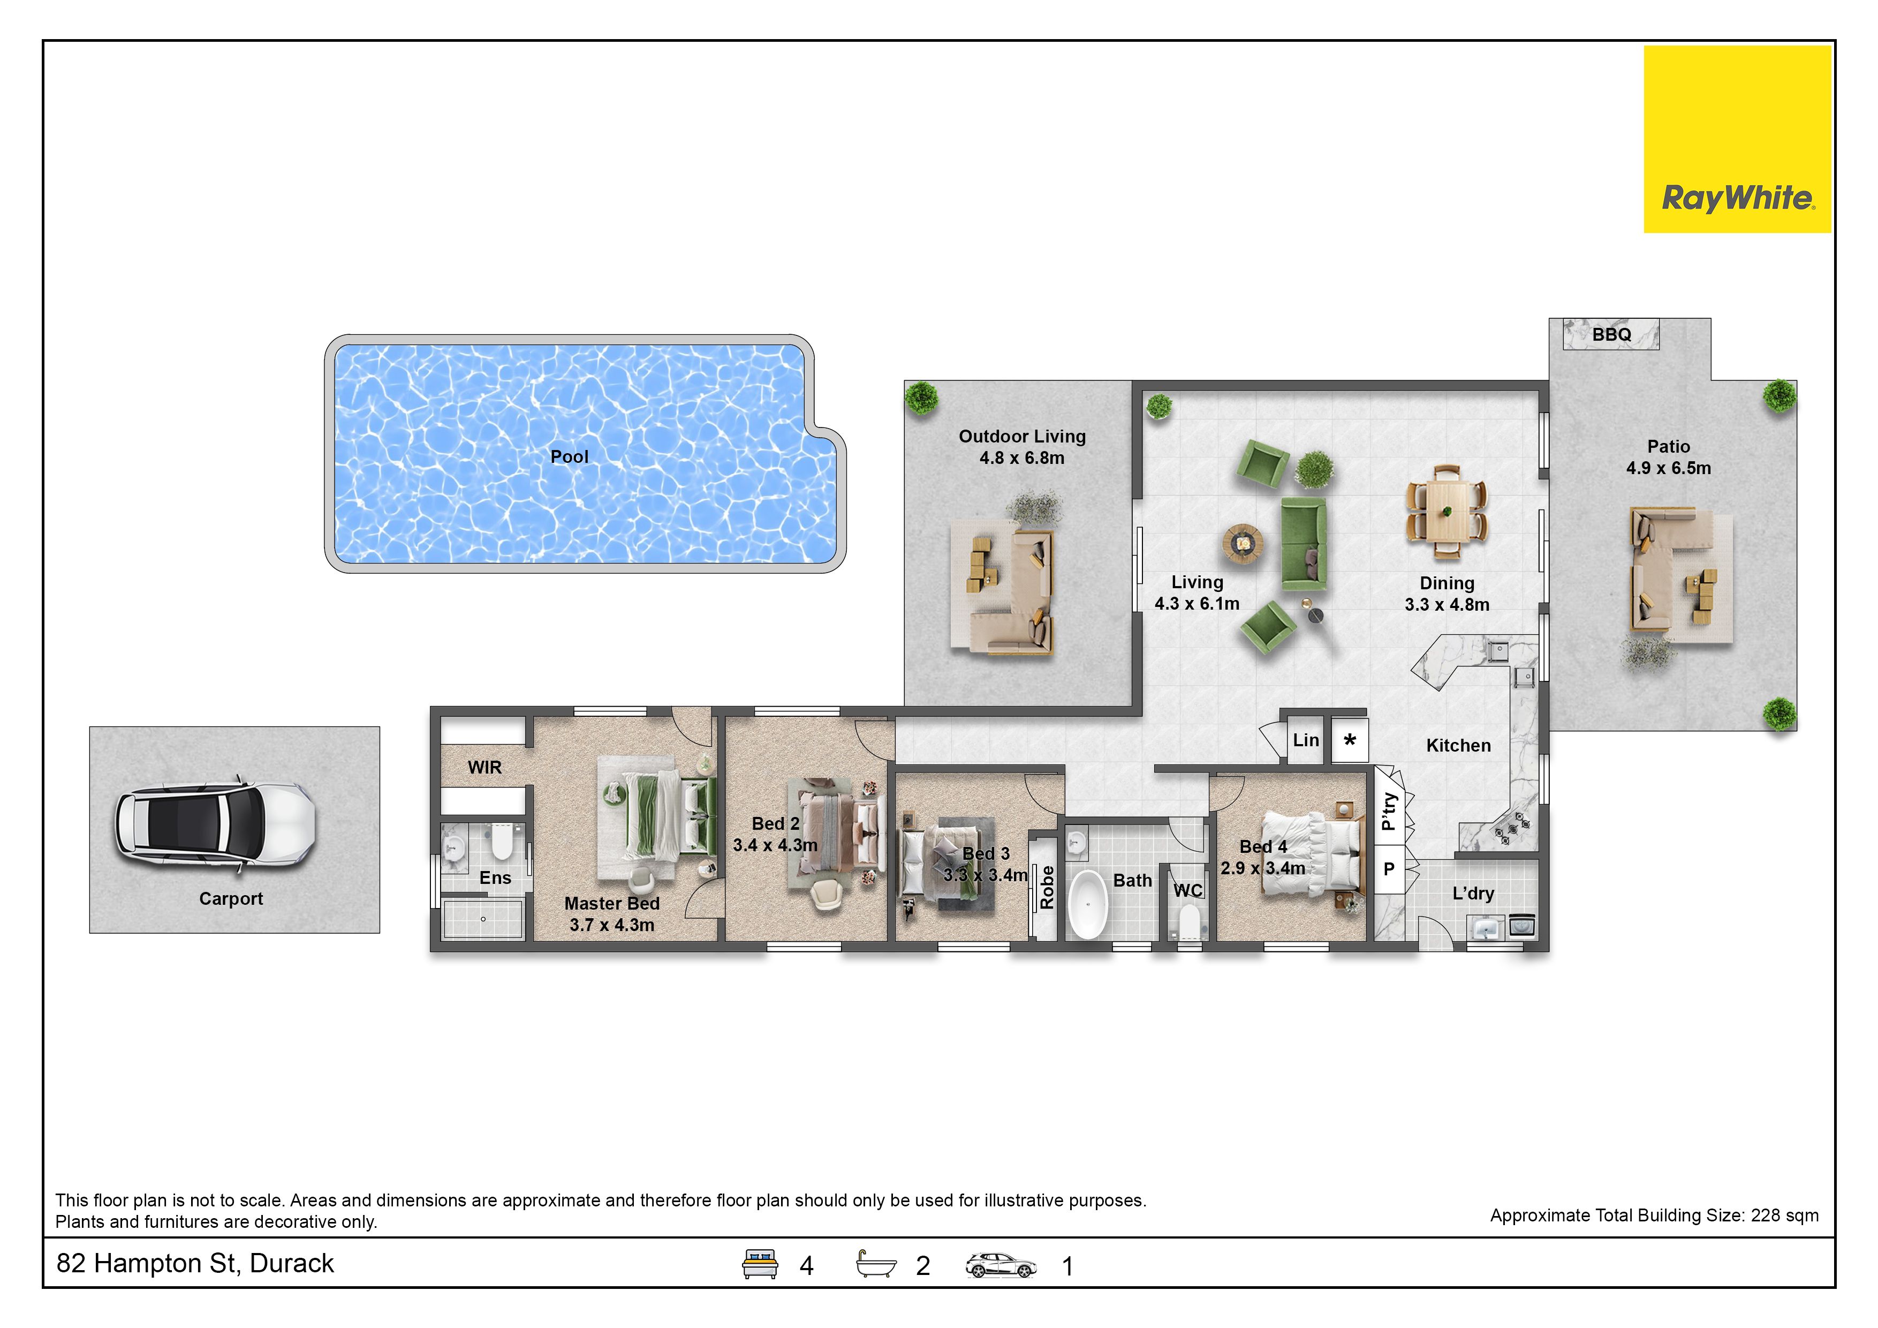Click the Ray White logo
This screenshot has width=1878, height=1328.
(1737, 139)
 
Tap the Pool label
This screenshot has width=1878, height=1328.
(569, 456)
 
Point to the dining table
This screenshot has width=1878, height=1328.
(1446, 512)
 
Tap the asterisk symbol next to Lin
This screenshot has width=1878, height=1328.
(1350, 740)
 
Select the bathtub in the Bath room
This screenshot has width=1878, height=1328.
(1088, 904)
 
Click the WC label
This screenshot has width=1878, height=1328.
(1187, 890)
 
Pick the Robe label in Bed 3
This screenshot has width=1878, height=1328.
(1047, 887)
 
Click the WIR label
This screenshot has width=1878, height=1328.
(484, 768)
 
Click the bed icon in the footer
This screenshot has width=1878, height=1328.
(759, 1264)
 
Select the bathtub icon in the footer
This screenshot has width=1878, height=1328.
(876, 1264)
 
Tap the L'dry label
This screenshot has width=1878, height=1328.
(1473, 894)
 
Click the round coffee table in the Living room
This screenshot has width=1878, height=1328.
(1243, 543)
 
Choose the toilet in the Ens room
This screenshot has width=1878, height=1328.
(502, 843)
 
